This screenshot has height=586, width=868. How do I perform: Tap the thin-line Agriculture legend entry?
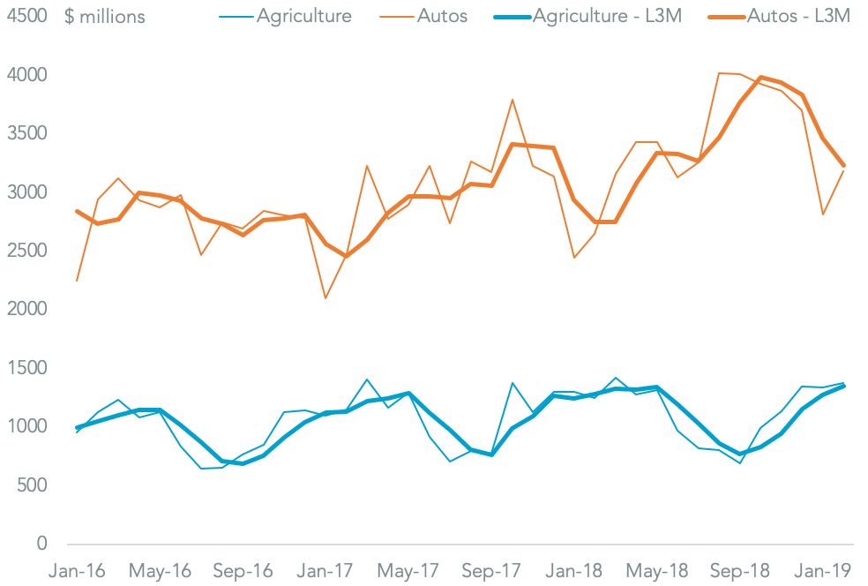point(303,16)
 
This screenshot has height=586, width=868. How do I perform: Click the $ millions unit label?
point(105,17)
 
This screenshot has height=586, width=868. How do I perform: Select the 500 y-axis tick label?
point(34,485)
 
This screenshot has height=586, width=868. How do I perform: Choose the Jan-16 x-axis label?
point(77,571)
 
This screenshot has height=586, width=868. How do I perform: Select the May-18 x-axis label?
point(657,571)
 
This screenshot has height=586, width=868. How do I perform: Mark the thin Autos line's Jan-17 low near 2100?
point(325,298)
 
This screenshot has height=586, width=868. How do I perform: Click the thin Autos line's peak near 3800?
point(513,100)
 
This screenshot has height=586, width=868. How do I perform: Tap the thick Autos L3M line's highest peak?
point(761,78)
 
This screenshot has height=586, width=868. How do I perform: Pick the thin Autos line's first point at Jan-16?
point(77,281)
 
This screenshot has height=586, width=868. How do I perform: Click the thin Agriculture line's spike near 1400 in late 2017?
point(513,383)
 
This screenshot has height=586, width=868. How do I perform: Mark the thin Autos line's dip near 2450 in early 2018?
point(574,258)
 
